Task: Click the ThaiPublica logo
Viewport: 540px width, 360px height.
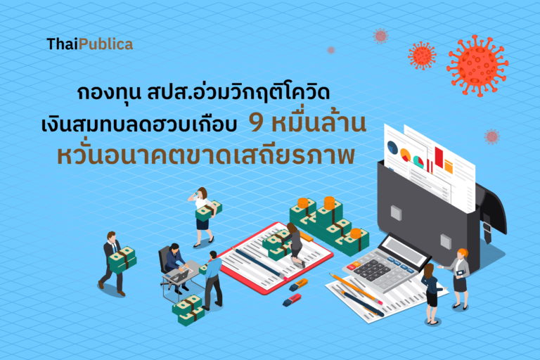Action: tap(89, 44)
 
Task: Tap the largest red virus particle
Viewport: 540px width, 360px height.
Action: tap(477, 66)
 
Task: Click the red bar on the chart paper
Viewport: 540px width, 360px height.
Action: tap(439, 157)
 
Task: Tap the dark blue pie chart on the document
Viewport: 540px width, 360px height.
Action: tap(392, 147)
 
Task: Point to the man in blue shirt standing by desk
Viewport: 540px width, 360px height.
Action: tap(213, 280)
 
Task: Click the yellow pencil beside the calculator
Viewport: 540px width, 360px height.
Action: tap(356, 288)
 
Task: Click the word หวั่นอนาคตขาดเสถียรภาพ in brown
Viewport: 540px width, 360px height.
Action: tap(206, 155)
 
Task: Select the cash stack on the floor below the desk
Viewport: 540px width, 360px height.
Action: tap(188, 309)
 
